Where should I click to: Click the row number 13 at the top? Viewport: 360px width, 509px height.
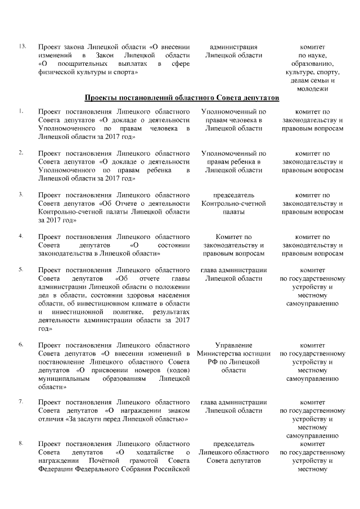(22, 46)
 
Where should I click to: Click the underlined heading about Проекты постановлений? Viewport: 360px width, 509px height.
(181, 98)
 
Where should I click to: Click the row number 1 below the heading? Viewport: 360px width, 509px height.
(21, 111)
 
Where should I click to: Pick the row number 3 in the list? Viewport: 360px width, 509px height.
(21, 195)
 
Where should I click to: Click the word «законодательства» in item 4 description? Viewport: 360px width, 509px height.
(67, 254)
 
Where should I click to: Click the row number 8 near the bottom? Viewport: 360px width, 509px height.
(21, 444)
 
